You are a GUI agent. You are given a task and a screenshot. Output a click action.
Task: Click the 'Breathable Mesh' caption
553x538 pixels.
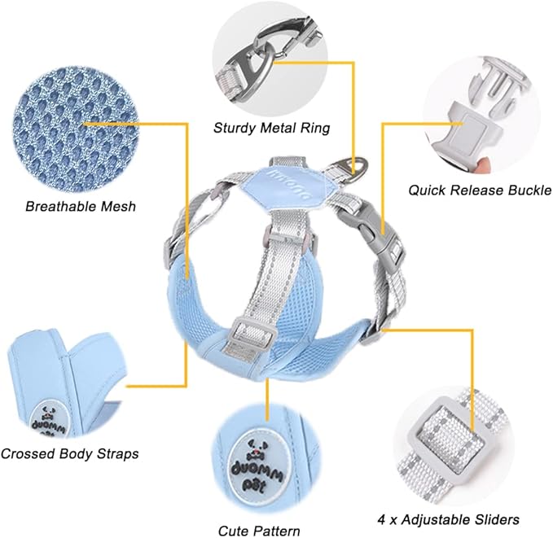[x=81, y=207]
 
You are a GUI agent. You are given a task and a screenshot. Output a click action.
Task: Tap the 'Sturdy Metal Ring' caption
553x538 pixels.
[x=272, y=128]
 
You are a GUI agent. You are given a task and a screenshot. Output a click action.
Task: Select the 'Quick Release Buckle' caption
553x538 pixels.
[x=481, y=190]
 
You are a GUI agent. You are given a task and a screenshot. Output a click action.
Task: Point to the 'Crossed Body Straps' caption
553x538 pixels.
[x=70, y=453]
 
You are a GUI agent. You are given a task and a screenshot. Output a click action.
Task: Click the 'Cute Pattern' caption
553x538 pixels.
[x=259, y=531]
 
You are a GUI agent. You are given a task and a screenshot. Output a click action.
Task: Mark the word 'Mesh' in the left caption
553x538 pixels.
[x=116, y=207]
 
